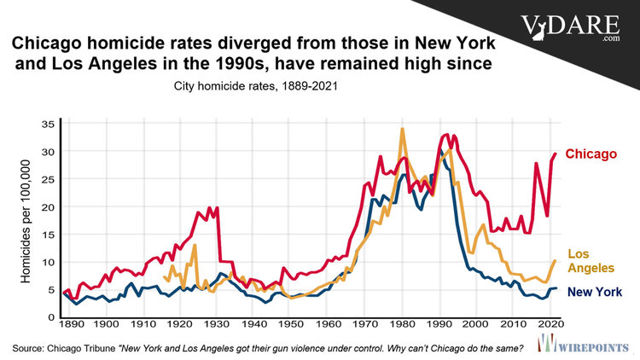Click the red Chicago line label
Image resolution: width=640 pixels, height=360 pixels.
click(x=591, y=154)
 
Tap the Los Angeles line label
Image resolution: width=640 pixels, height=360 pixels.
click(x=591, y=260)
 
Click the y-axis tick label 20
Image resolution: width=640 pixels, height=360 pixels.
click(x=48, y=207)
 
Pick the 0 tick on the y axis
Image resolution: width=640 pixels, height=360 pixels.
click(x=51, y=317)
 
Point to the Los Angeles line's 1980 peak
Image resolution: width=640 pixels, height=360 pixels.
click(x=402, y=129)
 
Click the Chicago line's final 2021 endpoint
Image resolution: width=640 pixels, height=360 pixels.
click(x=556, y=154)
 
